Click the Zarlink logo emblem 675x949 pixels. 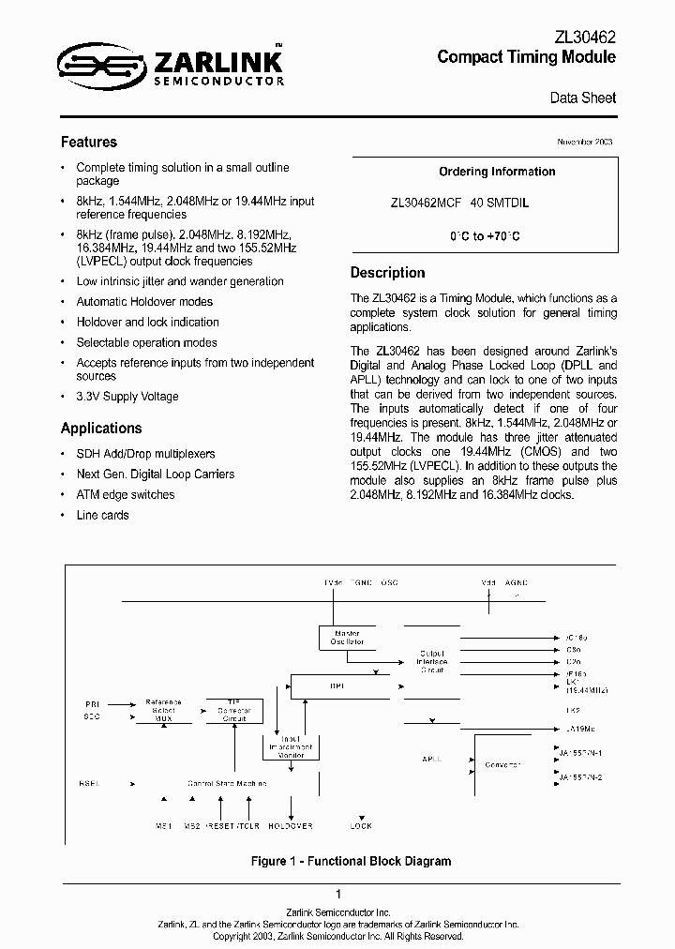[x=102, y=63]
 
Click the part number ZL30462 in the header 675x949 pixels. [x=586, y=37]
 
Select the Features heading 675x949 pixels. [x=89, y=143]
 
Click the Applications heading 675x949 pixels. [x=101, y=429]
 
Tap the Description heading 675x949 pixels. [x=387, y=273]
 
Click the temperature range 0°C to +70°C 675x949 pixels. [x=484, y=236]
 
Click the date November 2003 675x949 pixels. [x=585, y=141]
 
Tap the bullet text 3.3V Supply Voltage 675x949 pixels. [x=127, y=397]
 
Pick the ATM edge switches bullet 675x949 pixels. [x=125, y=494]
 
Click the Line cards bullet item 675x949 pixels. [x=102, y=515]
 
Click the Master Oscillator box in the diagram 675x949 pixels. [x=348, y=638]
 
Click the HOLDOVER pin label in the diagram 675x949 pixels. [x=291, y=826]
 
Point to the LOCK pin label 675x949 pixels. [x=361, y=826]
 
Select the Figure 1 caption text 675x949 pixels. [x=337, y=861]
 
